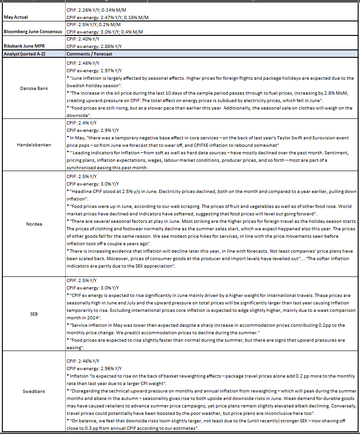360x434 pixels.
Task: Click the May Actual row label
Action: pos(16,17)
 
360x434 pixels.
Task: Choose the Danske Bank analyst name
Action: pos(32,88)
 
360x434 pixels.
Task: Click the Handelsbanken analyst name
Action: pos(32,145)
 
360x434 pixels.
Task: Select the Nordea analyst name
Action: pos(32,224)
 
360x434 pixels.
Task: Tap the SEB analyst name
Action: pos(32,314)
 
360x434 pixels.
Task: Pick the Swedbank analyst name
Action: pos(32,392)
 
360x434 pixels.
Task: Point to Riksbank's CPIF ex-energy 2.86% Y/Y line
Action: pos(94,46)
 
